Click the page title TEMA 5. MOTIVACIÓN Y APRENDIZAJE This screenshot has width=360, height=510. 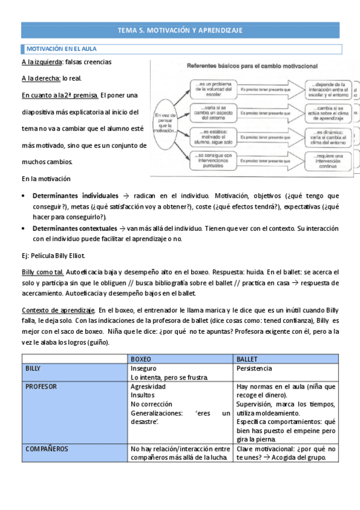tap(180, 31)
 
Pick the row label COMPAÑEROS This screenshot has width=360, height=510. tap(46, 449)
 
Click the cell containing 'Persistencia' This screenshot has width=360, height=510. tap(255, 368)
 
